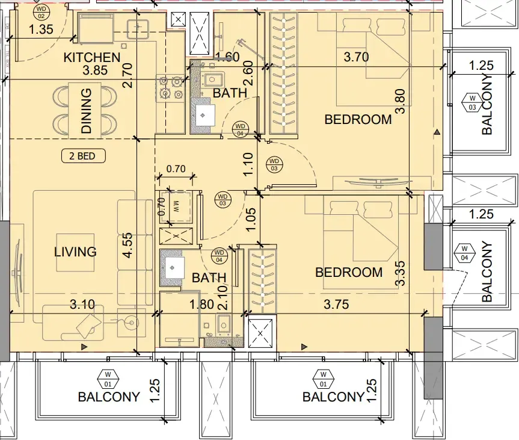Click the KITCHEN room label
(x=91, y=57)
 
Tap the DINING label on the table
(x=87, y=111)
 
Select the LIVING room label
(x=75, y=252)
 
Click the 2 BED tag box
(x=84, y=156)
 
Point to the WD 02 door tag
(x=41, y=12)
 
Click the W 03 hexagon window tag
(x=472, y=103)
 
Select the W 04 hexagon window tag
(x=464, y=253)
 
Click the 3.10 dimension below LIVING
(x=82, y=304)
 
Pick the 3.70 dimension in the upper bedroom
(x=356, y=57)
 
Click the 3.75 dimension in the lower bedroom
(x=336, y=304)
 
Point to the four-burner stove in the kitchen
(x=170, y=88)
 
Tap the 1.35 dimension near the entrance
(x=41, y=29)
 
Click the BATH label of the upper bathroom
(x=230, y=93)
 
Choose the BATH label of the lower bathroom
(x=209, y=277)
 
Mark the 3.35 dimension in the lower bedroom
(x=400, y=273)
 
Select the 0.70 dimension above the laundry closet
(x=176, y=169)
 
